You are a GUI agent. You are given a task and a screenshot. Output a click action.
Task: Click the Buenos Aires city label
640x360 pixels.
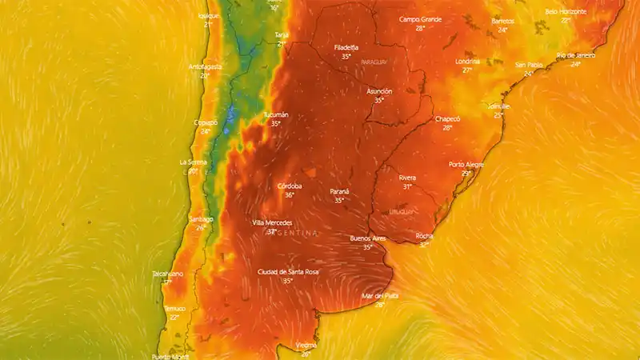368,238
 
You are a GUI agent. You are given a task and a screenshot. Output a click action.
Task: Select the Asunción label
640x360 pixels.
379,91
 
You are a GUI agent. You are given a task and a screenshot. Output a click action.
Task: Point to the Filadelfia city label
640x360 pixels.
346,47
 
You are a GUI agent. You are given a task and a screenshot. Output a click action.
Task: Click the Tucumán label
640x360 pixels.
276,114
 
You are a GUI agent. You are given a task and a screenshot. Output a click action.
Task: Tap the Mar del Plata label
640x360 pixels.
380,295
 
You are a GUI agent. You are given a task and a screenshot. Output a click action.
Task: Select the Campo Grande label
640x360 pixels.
420,18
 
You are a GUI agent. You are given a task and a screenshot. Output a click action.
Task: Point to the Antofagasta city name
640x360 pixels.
205,66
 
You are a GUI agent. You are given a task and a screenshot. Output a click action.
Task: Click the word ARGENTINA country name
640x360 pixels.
292,233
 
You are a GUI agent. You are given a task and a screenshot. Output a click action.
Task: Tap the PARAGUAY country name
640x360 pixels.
374,62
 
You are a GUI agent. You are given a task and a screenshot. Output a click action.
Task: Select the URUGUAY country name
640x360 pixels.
402,211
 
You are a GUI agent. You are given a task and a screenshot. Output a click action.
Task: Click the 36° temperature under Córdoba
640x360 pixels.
289,194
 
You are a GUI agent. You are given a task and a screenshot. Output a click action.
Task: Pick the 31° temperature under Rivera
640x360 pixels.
407,186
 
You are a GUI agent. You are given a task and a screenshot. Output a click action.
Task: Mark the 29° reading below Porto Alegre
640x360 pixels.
466,173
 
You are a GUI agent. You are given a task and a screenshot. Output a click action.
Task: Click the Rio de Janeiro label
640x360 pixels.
576,55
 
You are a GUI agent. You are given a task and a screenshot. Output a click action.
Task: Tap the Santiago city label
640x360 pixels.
201,218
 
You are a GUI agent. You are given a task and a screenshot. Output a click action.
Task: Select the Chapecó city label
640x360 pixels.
447,118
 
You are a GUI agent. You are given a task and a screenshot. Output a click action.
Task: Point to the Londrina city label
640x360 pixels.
467,61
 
